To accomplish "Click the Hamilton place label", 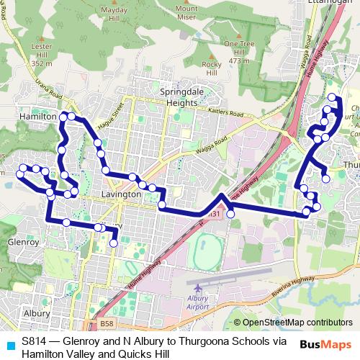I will pos(39,115).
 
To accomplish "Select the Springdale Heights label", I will pos(168,98).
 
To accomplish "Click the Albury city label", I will pos(36,314).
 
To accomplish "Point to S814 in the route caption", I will pos(35,341).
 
